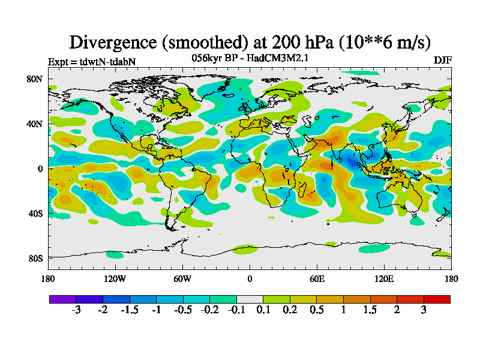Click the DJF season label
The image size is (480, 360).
[x=442, y=60]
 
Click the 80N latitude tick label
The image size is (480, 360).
[x=35, y=79]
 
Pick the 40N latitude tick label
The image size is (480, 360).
[x=35, y=124]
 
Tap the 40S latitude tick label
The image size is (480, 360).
[x=35, y=214]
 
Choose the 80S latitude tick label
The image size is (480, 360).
[x=35, y=258]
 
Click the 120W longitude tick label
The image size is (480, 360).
[x=115, y=278]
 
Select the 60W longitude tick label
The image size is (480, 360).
[x=182, y=278]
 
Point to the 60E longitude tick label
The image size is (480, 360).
[x=317, y=278]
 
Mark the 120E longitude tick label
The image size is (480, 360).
[x=384, y=278]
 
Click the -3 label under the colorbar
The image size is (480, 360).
[x=76, y=310]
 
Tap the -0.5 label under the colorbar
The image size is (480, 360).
[x=182, y=310]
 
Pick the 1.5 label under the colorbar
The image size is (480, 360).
[x=370, y=310]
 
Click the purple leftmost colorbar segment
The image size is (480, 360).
[x=62, y=299]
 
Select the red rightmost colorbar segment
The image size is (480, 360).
[x=437, y=299]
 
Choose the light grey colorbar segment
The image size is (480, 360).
[x=250, y=299]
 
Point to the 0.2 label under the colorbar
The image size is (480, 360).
[x=290, y=310]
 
